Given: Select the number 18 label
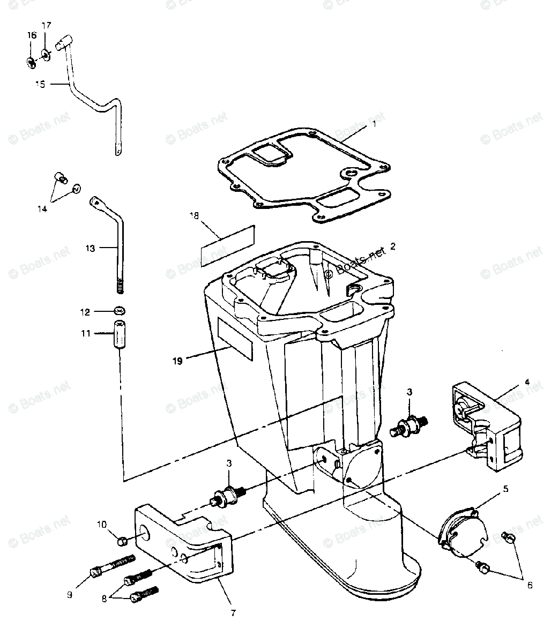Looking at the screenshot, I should pyautogui.click(x=193, y=215).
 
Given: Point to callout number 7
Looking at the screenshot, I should pyautogui.click(x=232, y=612).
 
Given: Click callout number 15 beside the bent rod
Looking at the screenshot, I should pyautogui.click(x=40, y=84).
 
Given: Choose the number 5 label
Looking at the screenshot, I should pyautogui.click(x=505, y=489).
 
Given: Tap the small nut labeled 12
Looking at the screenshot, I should pyautogui.click(x=119, y=311).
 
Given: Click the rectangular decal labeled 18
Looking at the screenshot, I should pyautogui.click(x=227, y=246).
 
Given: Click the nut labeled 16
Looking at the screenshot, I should pyautogui.click(x=31, y=63).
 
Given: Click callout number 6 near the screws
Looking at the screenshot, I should pyautogui.click(x=530, y=585).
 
